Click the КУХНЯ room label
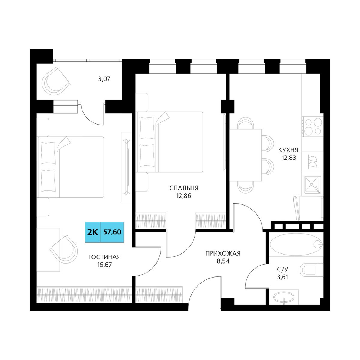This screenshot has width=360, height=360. (288, 150)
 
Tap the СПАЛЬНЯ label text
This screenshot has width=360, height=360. (184, 188)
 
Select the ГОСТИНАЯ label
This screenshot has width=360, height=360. (104, 257)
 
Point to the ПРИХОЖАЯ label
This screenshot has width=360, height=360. (223, 253)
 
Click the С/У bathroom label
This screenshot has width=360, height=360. (282, 269)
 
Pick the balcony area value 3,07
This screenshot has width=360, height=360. (104, 79)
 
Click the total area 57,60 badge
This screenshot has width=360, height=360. (112, 232)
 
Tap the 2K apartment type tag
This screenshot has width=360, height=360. (93, 232)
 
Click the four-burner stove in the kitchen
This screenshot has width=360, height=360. (313, 126)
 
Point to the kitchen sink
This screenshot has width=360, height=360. (312, 185)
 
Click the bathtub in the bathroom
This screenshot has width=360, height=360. (296, 244)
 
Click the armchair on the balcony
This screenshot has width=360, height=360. (55, 81)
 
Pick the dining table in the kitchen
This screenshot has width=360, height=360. (246, 155)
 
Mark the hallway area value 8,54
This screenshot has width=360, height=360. (223, 261)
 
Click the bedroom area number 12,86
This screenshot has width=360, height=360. (184, 196)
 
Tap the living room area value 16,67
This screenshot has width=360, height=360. (104, 265)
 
